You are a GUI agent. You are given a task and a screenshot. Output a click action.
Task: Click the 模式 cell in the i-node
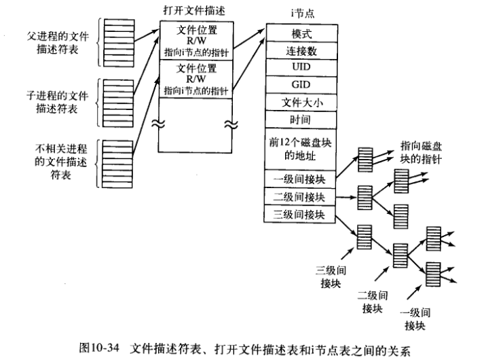pyautogui.click(x=297, y=32)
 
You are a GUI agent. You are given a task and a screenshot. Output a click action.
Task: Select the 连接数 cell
pyautogui.click(x=297, y=50)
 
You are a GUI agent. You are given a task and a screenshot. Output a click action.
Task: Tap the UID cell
pyautogui.click(x=297, y=67)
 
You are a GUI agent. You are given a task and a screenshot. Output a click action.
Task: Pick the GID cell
pyautogui.click(x=297, y=85)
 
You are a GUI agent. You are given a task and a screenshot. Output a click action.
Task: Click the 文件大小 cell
pyautogui.click(x=297, y=103)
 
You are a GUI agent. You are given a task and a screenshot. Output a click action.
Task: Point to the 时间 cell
pyautogui.click(x=297, y=120)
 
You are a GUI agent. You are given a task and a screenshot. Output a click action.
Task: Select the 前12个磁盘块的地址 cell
pyautogui.click(x=297, y=148)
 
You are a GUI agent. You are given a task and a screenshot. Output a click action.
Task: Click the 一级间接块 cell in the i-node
pyautogui.click(x=297, y=179)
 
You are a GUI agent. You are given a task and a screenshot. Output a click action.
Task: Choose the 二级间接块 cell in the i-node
pyautogui.click(x=297, y=197)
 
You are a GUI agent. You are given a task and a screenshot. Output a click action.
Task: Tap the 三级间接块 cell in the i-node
pyautogui.click(x=297, y=215)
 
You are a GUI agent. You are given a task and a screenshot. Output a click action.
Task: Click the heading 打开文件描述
pyautogui.click(x=191, y=11)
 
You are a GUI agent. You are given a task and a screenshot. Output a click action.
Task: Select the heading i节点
pyautogui.click(x=297, y=12)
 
